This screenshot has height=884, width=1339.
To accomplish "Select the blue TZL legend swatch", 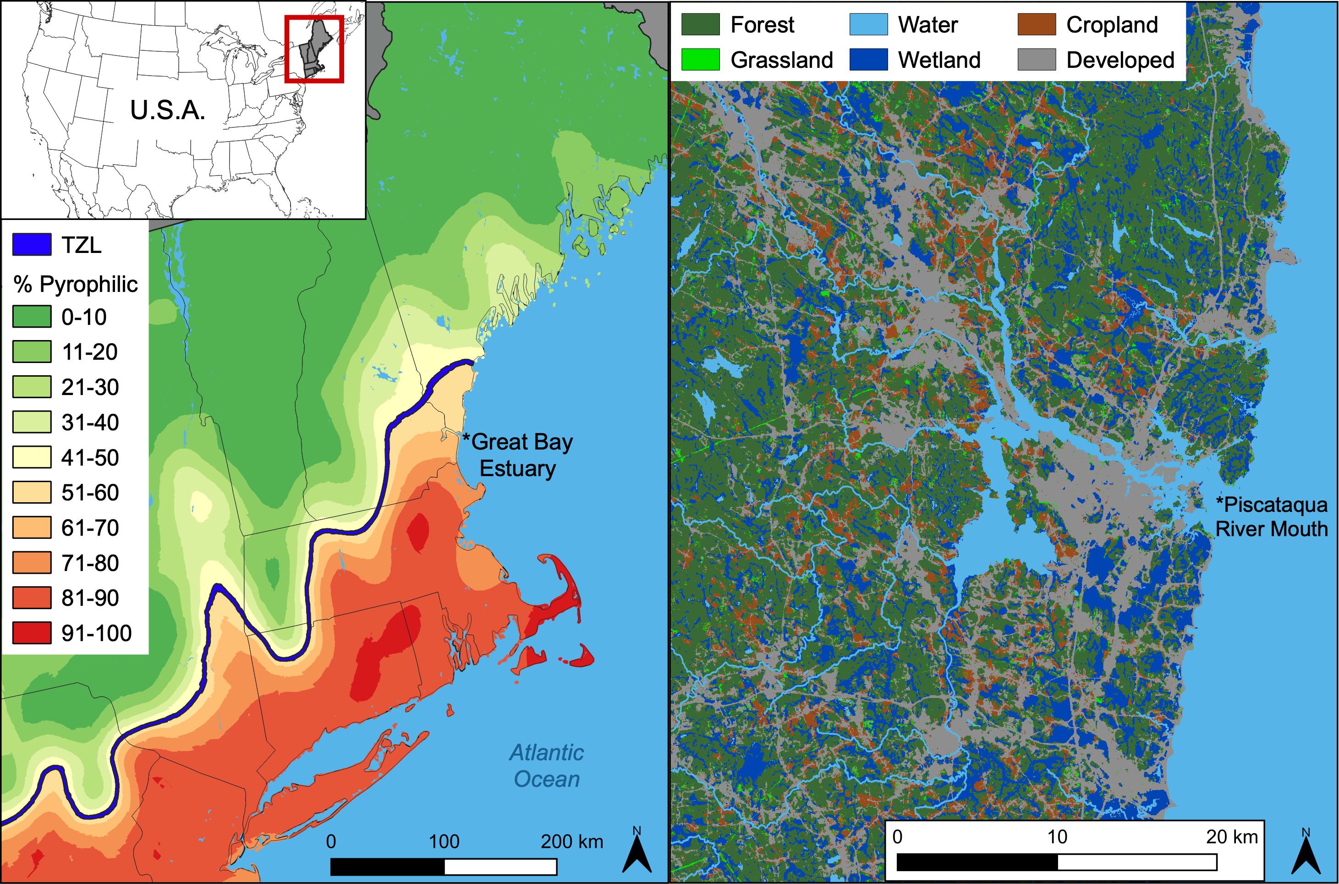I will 32,245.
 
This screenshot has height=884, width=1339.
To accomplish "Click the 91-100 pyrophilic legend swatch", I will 32,632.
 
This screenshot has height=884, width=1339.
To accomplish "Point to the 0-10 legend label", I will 84,317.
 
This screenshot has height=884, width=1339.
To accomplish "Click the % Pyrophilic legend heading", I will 76,284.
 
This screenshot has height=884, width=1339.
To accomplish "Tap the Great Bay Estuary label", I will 517,456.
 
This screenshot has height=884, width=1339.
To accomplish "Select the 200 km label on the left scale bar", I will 572,842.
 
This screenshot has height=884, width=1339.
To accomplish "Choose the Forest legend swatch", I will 700,25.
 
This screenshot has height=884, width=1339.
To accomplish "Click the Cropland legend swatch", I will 1036,25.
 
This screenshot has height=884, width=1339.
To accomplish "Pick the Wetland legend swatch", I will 868,60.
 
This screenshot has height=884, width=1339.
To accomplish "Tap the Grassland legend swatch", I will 700,60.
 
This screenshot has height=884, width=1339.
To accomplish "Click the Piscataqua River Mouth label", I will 1271,517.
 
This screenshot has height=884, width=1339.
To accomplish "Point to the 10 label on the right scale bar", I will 1057,837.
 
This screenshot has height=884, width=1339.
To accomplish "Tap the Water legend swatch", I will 868,25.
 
